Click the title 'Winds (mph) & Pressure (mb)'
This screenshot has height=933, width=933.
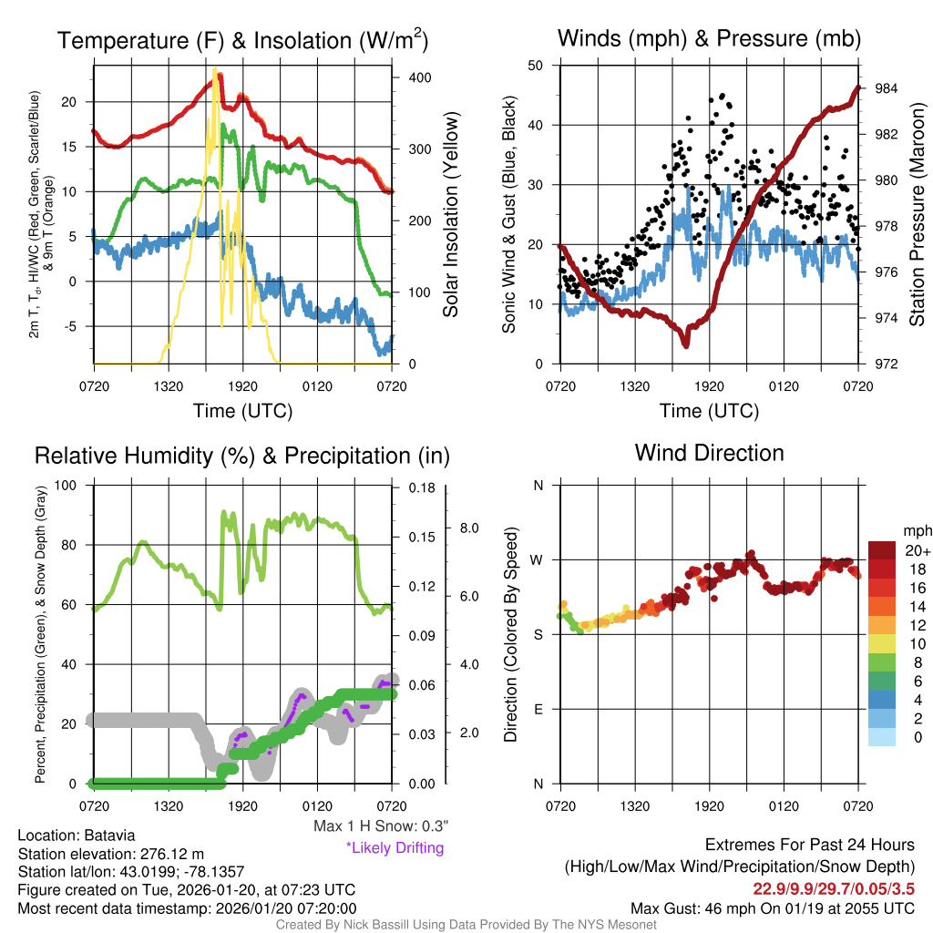pos(709,38)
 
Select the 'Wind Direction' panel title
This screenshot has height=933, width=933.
pos(709,453)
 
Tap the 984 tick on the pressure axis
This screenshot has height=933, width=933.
pos(887,88)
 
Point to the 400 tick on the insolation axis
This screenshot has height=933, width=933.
pos(419,78)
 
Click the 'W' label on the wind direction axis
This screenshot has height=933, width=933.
pos(538,560)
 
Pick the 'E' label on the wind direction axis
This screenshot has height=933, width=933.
pos(538,709)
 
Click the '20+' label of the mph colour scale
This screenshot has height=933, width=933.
pos(917,550)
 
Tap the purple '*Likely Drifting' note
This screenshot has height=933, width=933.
pos(395,847)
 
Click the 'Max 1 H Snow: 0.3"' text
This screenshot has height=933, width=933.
pos(381,826)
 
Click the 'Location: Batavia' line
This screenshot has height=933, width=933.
pos(77,836)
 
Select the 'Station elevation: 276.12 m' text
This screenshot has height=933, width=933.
pos(110,854)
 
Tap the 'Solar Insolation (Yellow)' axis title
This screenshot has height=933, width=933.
pos(451,215)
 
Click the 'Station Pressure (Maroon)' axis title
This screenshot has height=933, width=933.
pos(918,215)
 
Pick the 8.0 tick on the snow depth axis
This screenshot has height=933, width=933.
pos(470,528)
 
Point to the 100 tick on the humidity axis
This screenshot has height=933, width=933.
pos(71,485)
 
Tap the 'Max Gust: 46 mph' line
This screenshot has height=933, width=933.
pos(773,908)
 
